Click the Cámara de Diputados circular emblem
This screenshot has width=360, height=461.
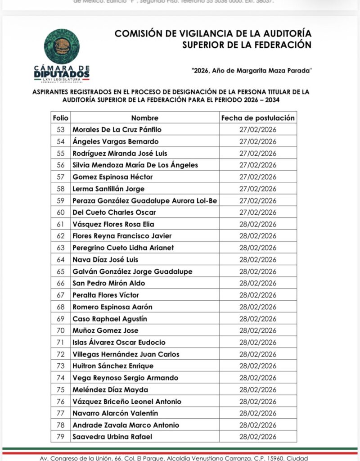point(62,46)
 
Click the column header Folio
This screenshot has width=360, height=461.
point(61,118)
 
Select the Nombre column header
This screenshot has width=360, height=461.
point(145,118)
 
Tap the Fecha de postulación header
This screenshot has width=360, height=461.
point(258,118)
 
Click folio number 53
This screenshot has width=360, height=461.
point(61,130)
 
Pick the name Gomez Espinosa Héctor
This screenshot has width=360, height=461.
point(112,177)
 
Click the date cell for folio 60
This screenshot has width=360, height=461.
point(258,212)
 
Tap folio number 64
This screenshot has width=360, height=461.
point(61,260)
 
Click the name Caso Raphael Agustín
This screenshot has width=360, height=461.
point(110,319)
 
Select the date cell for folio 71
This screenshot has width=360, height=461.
point(258,343)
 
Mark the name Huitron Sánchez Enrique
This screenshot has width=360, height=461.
point(113,366)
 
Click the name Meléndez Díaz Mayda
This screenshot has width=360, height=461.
point(110,390)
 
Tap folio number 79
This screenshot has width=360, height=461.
point(61,437)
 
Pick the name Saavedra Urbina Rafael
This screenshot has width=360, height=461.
point(112,437)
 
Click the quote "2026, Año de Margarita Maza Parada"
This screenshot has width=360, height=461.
point(251,70)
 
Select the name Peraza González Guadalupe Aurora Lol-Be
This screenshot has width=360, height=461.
point(145,201)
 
